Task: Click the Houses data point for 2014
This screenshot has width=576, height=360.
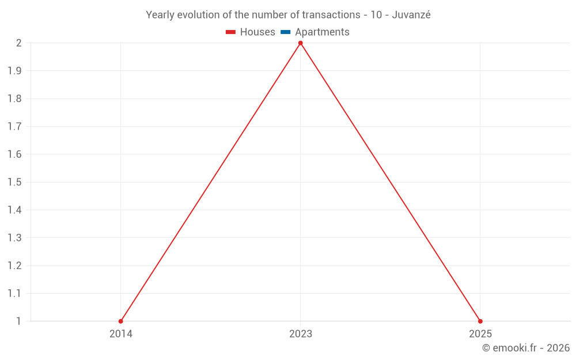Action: (x=121, y=321)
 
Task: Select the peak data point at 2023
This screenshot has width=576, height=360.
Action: (x=300, y=43)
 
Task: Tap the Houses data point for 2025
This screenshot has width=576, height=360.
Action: (x=480, y=321)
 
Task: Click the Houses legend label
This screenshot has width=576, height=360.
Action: (x=257, y=32)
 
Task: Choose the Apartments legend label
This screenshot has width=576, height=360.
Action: (x=322, y=32)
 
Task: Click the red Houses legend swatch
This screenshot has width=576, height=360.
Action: (x=231, y=32)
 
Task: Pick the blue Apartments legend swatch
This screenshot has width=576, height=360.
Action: (x=286, y=32)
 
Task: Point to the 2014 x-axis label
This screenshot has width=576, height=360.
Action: (x=121, y=334)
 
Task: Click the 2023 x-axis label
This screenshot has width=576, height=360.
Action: (x=300, y=334)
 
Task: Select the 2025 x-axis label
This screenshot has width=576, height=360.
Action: (x=480, y=334)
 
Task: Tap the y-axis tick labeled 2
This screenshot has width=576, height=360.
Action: (x=18, y=43)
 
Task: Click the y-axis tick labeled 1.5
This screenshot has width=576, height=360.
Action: (x=14, y=182)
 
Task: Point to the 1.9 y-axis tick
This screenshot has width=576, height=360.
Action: (x=14, y=71)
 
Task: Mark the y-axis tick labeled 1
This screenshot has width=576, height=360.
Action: (x=18, y=321)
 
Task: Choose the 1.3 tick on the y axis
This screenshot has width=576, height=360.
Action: (x=14, y=238)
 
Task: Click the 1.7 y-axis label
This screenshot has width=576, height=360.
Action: (x=14, y=127)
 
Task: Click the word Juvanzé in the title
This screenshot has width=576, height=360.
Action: (x=411, y=15)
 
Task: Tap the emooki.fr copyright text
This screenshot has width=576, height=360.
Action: (x=526, y=348)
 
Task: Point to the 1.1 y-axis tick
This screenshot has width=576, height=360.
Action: (x=14, y=293)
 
